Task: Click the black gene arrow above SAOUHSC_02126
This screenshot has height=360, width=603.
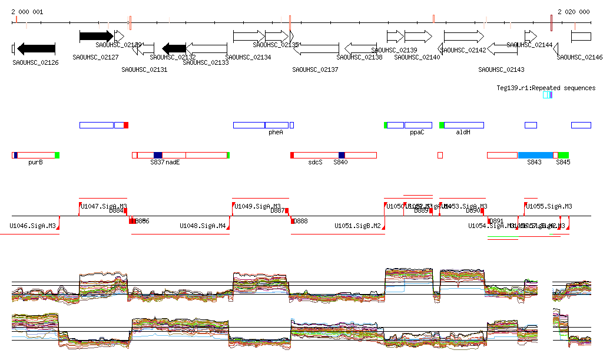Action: pyautogui.click(x=37, y=49)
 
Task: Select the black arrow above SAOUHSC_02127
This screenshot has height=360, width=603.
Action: pyautogui.click(x=96, y=37)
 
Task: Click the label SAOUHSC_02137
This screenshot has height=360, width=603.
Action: pyautogui.click(x=315, y=70)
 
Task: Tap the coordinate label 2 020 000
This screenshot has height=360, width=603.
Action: pyautogui.click(x=574, y=12)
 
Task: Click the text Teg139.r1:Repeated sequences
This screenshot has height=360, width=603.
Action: pyautogui.click(x=546, y=88)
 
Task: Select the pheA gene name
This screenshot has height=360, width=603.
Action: pyautogui.click(x=276, y=133)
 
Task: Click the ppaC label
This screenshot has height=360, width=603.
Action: pyautogui.click(x=417, y=133)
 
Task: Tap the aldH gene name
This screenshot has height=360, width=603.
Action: pyautogui.click(x=463, y=133)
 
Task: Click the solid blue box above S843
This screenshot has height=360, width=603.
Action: pyautogui.click(x=535, y=155)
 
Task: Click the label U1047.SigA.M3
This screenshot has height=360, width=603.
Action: pyautogui.click(x=104, y=206)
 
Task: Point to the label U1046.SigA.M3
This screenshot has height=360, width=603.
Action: pyautogui.click(x=32, y=226)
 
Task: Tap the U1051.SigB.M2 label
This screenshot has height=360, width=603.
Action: pyautogui.click(x=357, y=226)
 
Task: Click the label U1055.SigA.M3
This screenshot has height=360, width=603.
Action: pyautogui.click(x=549, y=206)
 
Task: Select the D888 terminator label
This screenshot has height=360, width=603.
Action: pyautogui.click(x=300, y=221)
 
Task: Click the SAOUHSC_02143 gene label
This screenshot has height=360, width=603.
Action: pyautogui.click(x=501, y=70)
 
